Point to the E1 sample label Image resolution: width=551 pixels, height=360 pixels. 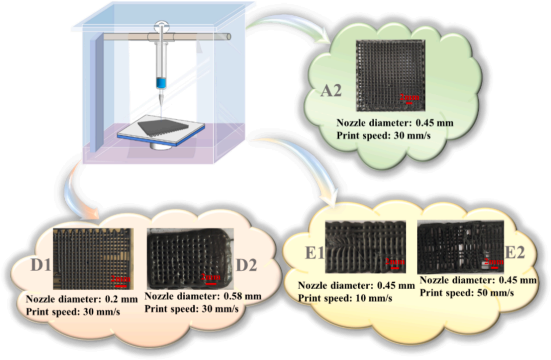pos(312,252)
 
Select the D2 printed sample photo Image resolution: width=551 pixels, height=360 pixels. pos(189,258)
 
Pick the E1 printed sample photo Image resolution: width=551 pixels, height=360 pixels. pos(366,247)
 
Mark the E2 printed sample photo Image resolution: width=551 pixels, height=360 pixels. pos(459,247)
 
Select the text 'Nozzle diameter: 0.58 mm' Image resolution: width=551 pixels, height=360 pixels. pos(203,296)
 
